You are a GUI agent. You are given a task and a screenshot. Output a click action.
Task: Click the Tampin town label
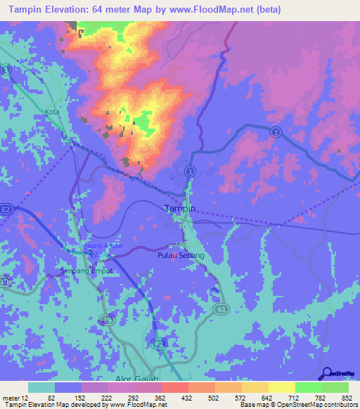pyautogui.click(x=179, y=208)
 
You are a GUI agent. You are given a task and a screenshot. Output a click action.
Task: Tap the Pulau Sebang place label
pyautogui.click(x=181, y=255)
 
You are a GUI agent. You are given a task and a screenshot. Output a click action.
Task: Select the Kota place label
pyautogui.click(x=51, y=112)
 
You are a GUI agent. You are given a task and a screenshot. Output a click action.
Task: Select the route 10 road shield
pyautogui.click(x=6, y=282)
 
